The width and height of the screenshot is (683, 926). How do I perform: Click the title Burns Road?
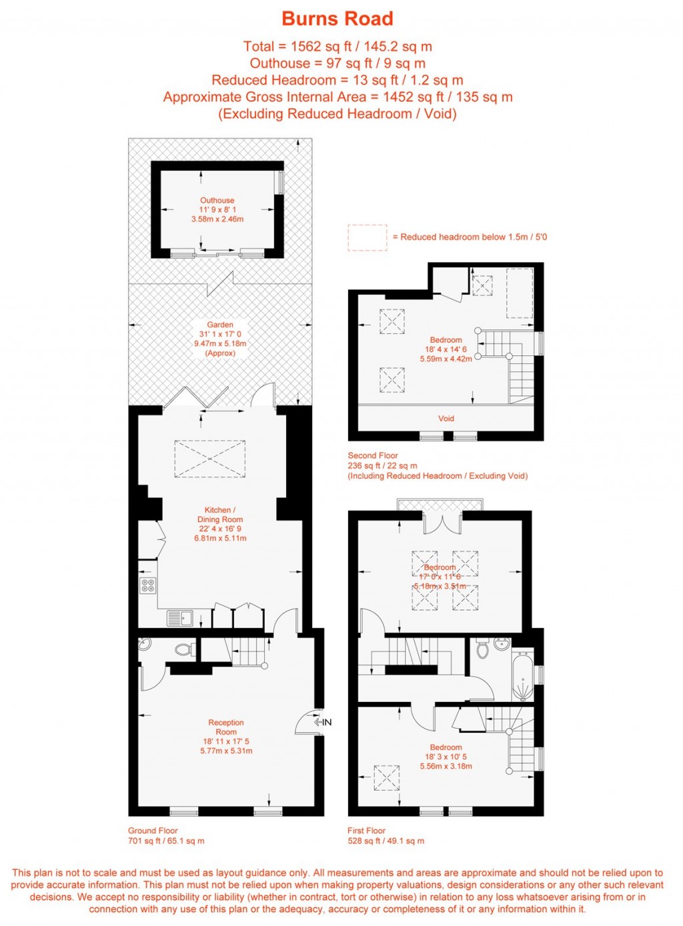pyautogui.click(x=337, y=19)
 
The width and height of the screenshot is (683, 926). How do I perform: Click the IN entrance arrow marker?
pyautogui.click(x=323, y=722)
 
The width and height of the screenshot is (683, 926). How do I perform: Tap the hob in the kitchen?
pyautogui.click(x=148, y=586)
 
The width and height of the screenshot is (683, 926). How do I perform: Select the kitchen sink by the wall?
pyautogui.click(x=179, y=619)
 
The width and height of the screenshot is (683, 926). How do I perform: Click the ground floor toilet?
pyautogui.click(x=183, y=649)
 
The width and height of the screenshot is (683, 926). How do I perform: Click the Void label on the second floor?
pyautogui.click(x=446, y=419)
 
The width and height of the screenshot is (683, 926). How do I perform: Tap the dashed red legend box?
pyautogui.click(x=367, y=237)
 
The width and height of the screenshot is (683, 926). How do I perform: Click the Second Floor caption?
pyautogui.click(x=373, y=455)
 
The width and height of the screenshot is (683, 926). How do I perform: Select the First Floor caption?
pyautogui.click(x=366, y=831)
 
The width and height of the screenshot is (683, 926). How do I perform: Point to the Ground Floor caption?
pyautogui.click(x=153, y=831)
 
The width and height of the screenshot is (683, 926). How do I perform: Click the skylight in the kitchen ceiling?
pyautogui.click(x=209, y=459)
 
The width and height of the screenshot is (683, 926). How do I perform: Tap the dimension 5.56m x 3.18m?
pyautogui.click(x=446, y=767)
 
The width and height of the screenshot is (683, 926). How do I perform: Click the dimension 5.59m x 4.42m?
pyautogui.click(x=446, y=359)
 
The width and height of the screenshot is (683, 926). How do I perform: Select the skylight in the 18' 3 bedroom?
pyautogui.click(x=386, y=778)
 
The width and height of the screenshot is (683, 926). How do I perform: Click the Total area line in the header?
pyautogui.click(x=337, y=47)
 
